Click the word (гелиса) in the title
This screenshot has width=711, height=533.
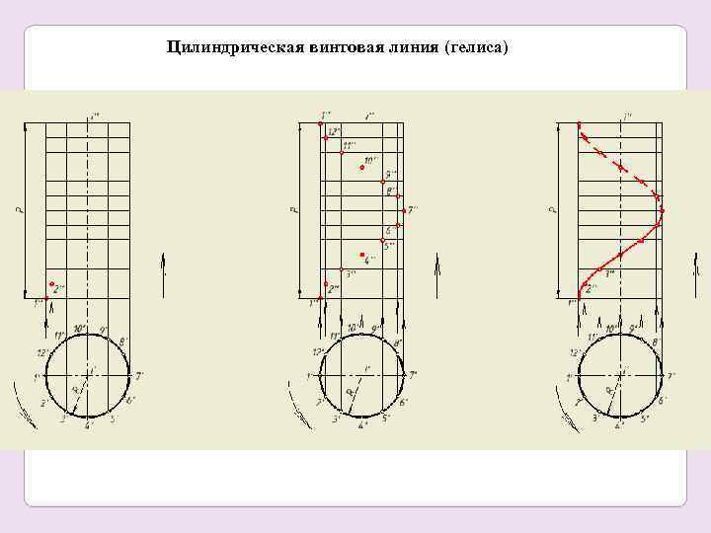pos(478,46)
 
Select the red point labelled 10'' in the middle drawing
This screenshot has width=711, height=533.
pos(362,168)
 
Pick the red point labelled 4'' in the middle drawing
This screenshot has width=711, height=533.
pos(362,254)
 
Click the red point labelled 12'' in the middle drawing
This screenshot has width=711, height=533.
pos(325,139)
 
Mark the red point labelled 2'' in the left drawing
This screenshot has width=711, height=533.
pos(51,284)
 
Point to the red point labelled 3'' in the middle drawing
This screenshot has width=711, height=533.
pos(341,269)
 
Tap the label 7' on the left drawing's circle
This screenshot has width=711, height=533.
pos(139,376)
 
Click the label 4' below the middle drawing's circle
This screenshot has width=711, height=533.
pos(361,426)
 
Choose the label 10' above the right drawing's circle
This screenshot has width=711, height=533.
pos(611,328)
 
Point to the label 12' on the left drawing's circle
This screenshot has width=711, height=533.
pos(41,352)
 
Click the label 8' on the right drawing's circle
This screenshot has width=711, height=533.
pos(656,342)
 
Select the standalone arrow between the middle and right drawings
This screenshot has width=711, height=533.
pos(436,265)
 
